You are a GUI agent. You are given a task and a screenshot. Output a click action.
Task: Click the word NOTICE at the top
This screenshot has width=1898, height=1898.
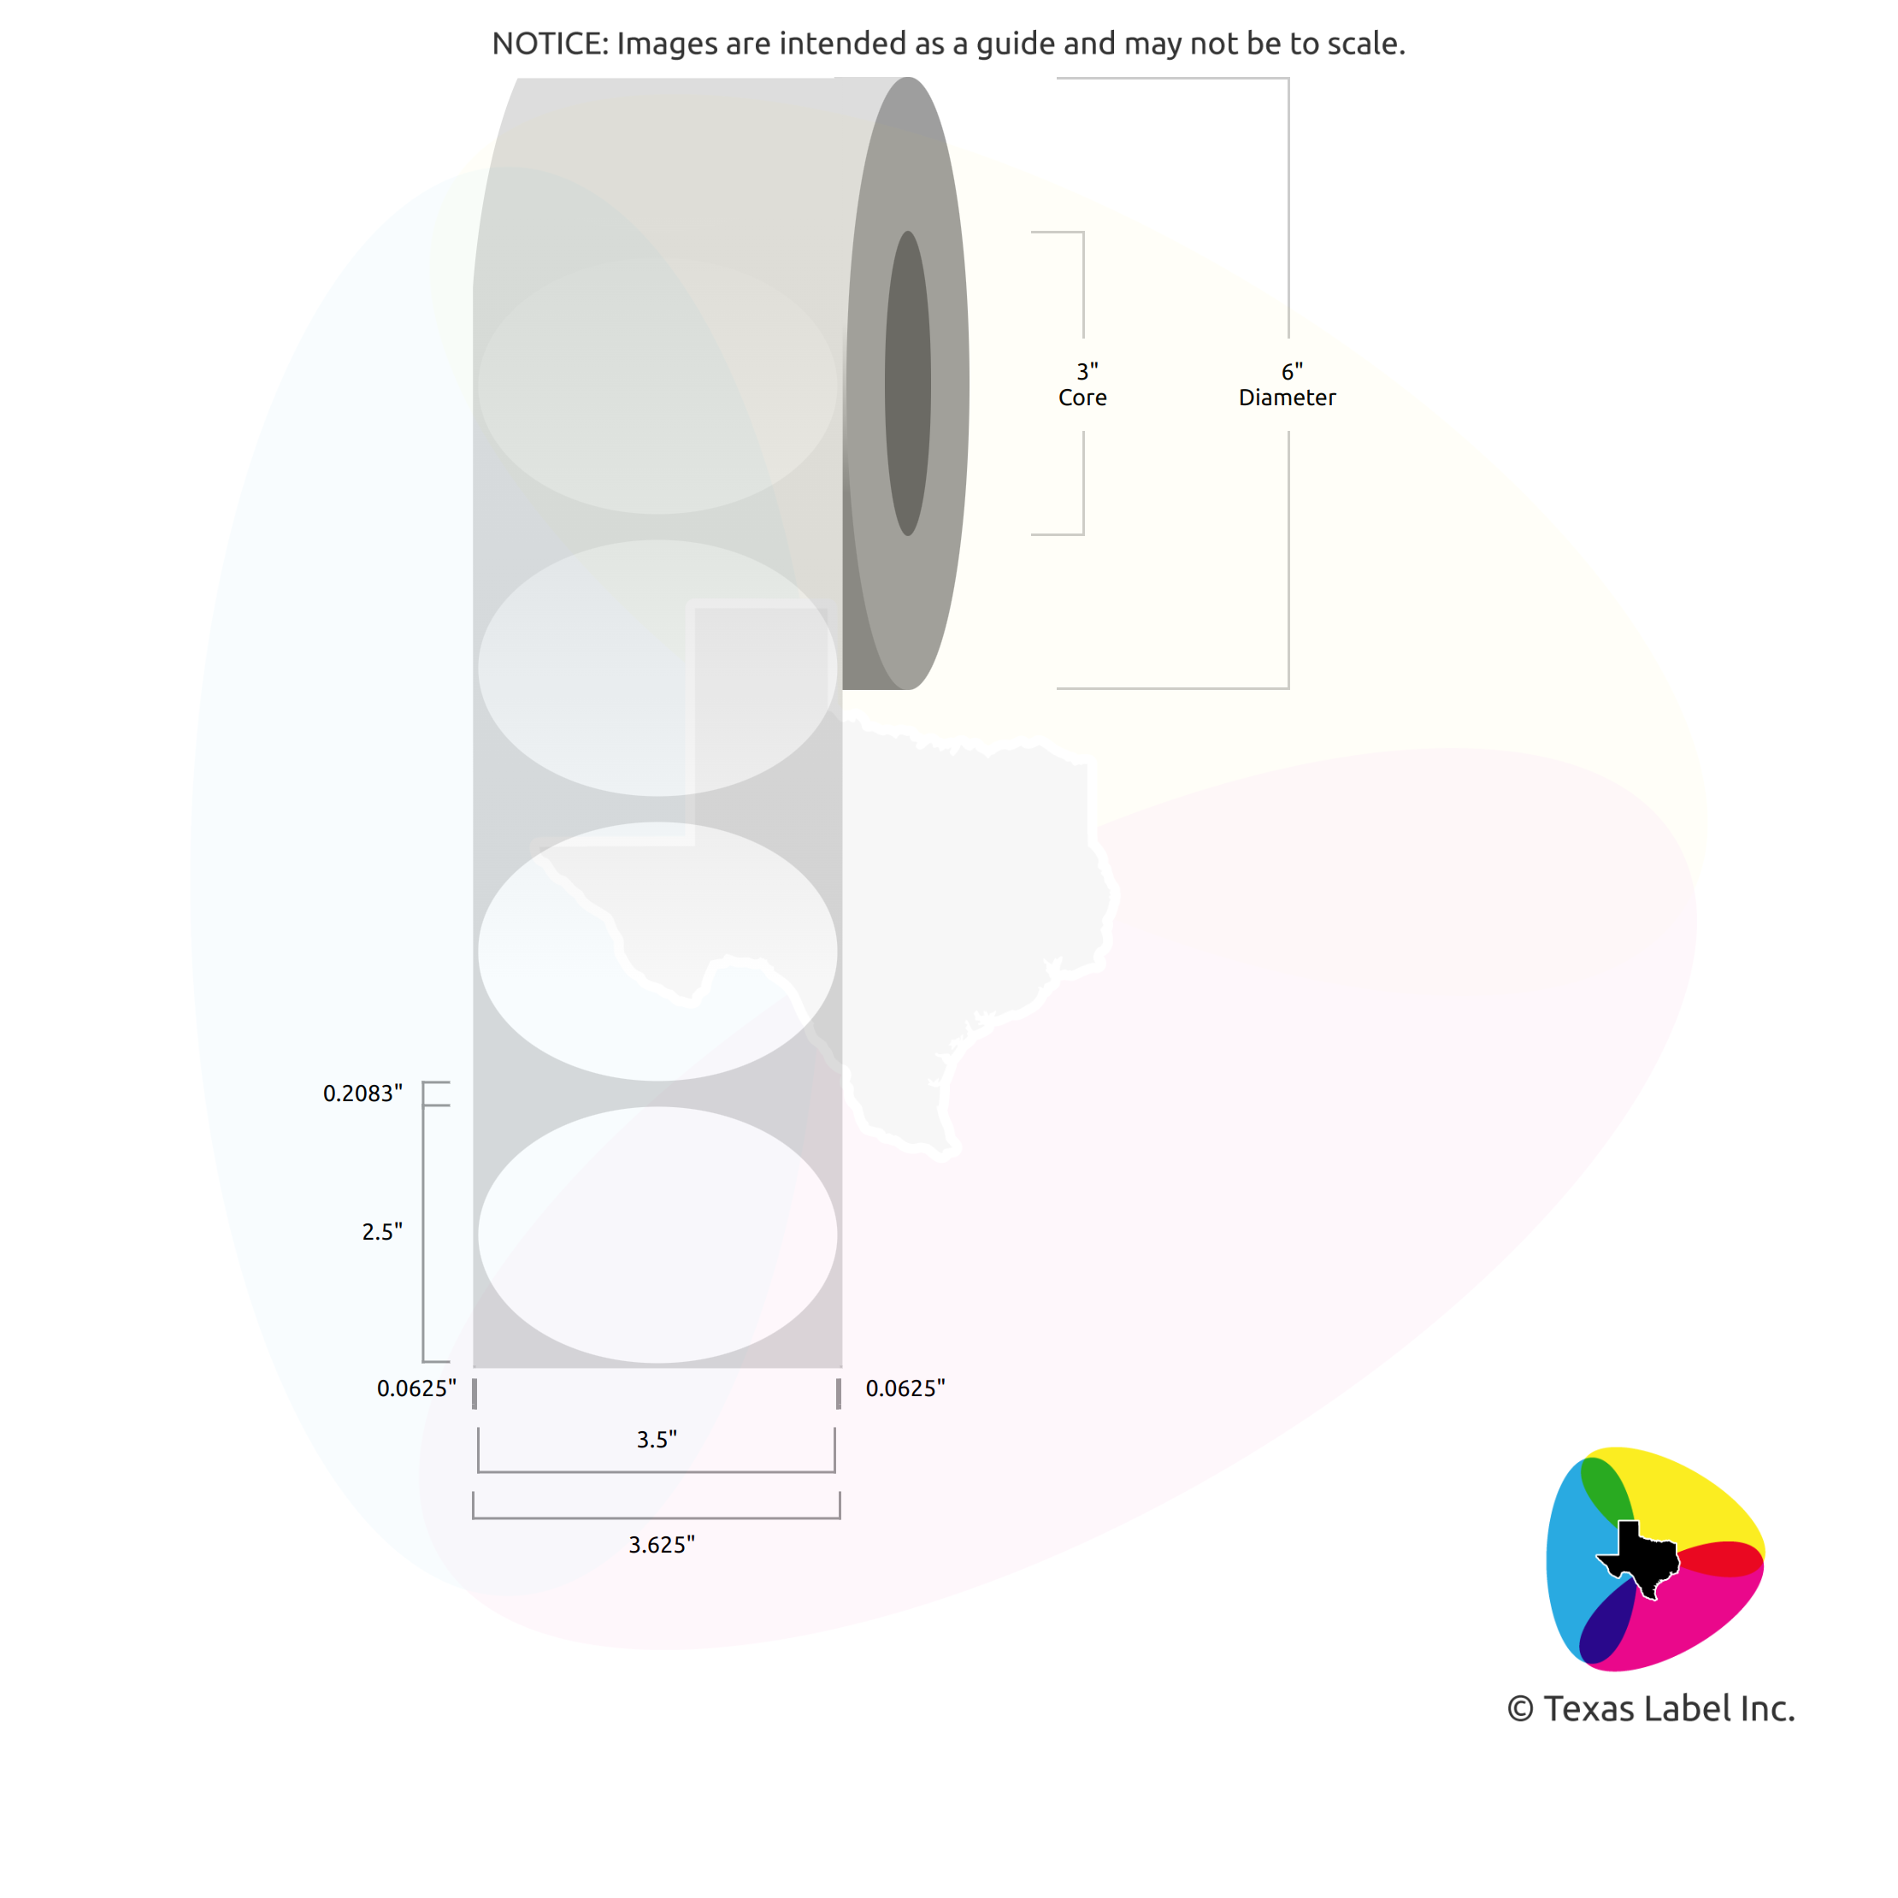[547, 44]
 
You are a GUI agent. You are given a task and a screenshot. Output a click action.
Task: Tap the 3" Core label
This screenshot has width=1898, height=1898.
[1082, 385]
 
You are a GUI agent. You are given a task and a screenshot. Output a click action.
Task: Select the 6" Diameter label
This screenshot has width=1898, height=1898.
[1287, 385]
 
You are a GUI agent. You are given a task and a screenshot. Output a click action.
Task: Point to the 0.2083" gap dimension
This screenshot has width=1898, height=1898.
[363, 1093]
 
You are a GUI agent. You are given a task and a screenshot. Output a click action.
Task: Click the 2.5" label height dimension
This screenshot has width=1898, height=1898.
[382, 1232]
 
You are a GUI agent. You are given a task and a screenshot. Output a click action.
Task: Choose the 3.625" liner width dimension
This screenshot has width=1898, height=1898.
[661, 1545]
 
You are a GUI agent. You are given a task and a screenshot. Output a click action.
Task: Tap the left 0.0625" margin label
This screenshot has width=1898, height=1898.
[416, 1388]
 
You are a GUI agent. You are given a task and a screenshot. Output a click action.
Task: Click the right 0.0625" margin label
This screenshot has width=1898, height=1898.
[905, 1388]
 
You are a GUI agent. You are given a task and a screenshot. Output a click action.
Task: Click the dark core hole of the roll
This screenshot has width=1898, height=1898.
[908, 383]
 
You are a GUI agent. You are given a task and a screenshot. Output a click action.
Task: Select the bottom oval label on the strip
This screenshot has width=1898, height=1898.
[657, 1235]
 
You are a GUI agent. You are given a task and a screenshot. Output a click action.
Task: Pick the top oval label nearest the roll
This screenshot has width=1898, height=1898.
[657, 386]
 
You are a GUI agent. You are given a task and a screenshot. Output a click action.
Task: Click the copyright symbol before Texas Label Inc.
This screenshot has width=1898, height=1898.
[1520, 1709]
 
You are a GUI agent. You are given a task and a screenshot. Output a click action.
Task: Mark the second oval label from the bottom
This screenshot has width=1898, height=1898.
[657, 951]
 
